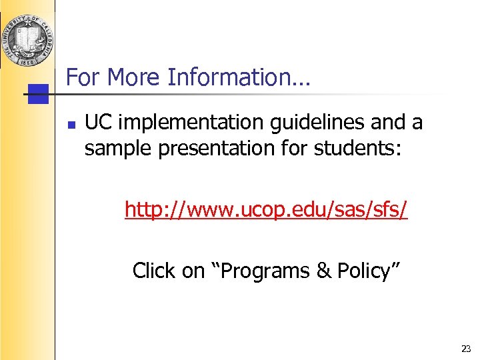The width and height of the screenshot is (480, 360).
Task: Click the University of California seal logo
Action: [27, 33]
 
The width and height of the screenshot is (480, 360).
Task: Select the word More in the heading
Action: [134, 78]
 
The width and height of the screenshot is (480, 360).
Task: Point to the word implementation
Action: [179, 123]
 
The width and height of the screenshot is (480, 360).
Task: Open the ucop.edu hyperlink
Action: [266, 211]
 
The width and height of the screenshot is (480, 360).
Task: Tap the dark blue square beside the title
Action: [39, 94]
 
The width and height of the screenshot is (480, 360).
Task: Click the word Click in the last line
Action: [154, 271]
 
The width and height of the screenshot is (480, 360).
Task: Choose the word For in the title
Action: [83, 78]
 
